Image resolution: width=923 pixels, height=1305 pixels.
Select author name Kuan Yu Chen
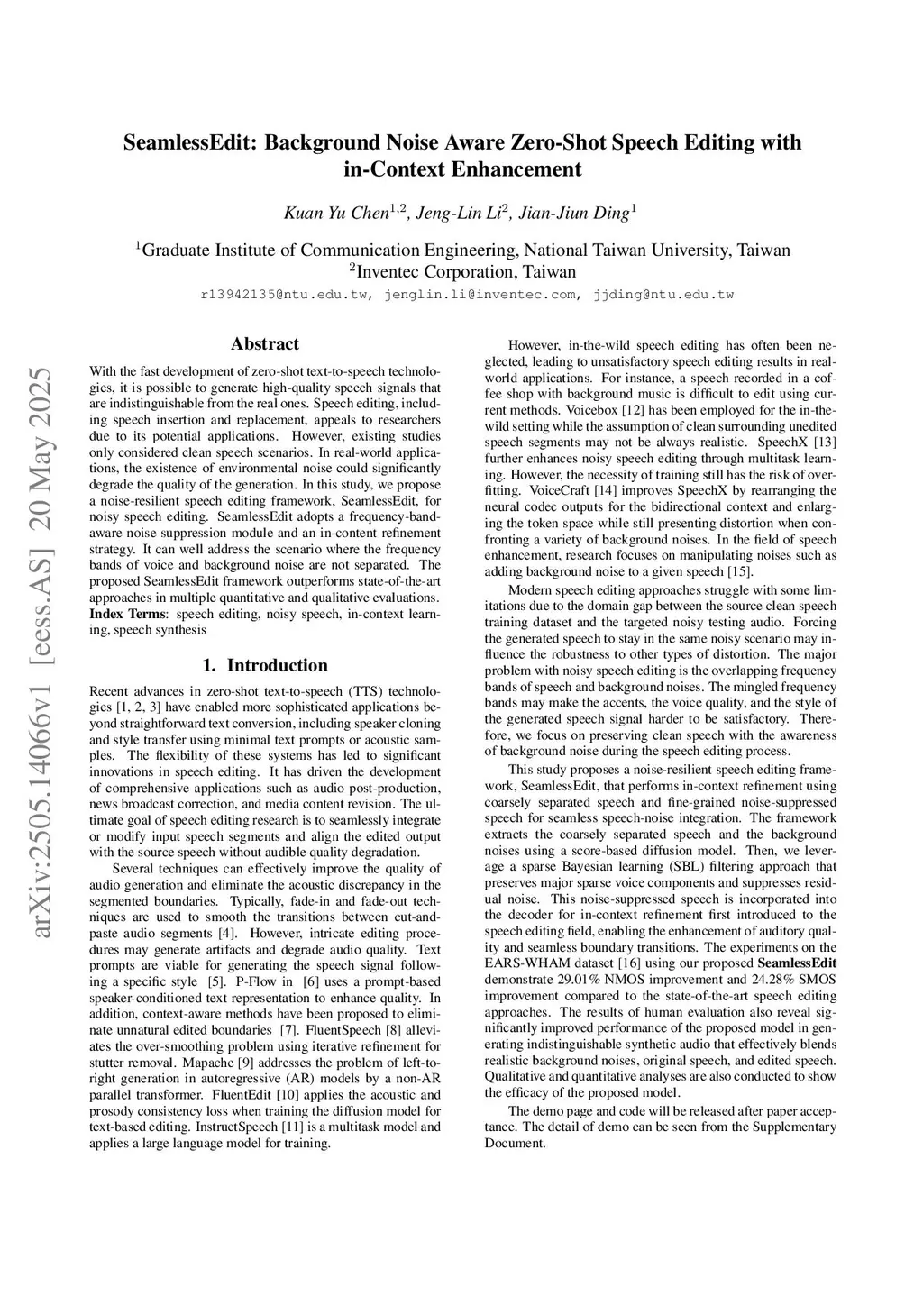336,214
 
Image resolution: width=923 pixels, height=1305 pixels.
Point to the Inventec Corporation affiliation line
461,272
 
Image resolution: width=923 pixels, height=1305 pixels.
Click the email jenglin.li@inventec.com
480,295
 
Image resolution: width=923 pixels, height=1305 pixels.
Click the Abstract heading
265,344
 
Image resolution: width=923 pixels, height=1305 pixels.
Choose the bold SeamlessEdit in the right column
798,963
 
